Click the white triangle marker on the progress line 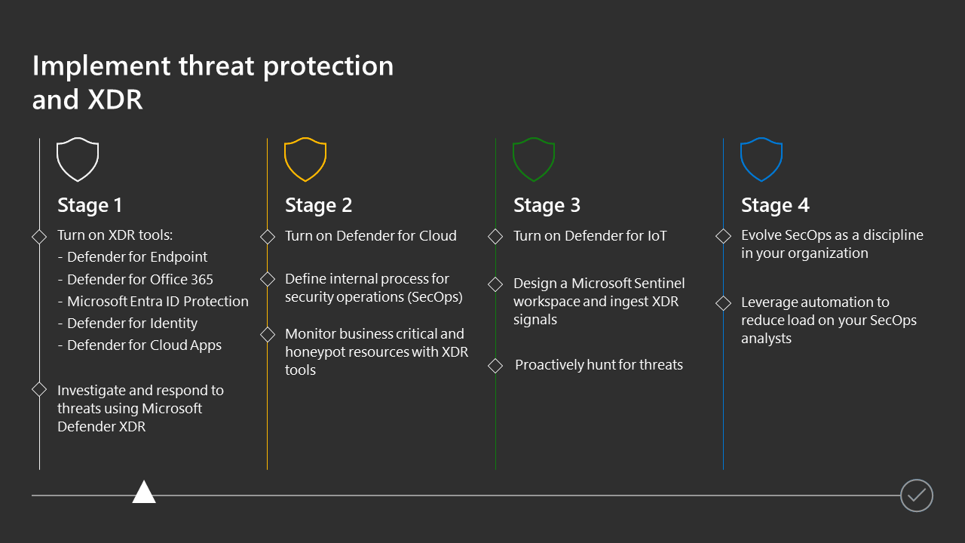(144, 492)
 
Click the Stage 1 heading (90, 205)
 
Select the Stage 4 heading (776, 205)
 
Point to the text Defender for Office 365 (140, 279)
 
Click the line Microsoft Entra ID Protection (158, 301)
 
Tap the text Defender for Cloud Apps (144, 345)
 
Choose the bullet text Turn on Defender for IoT (590, 236)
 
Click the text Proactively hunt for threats (599, 365)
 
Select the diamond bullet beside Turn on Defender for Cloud (268, 237)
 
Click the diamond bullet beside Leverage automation (723, 303)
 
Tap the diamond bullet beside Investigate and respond (39, 390)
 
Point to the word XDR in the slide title (115, 100)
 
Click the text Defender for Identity (132, 324)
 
